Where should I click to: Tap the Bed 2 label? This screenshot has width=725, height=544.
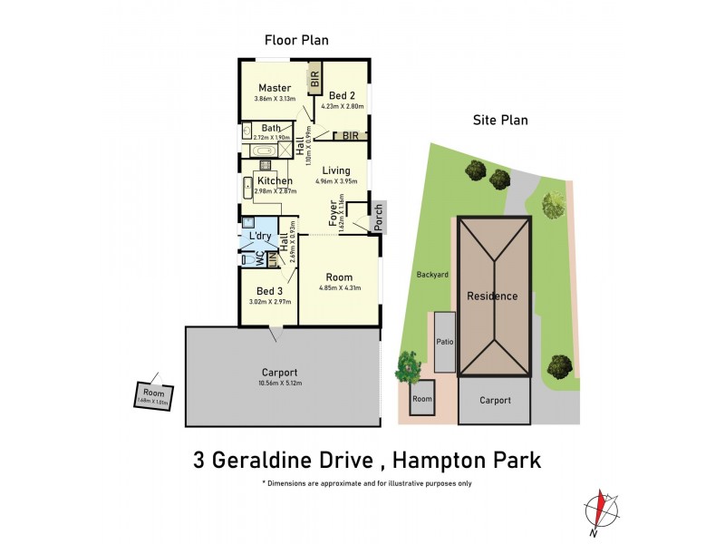[341, 95]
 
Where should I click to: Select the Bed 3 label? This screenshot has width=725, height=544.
[269, 291]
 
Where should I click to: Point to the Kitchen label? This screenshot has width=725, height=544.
[275, 181]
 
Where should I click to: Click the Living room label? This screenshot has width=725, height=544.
[336, 170]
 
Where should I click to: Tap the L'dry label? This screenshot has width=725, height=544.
[261, 237]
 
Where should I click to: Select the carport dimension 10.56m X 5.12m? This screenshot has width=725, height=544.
[279, 384]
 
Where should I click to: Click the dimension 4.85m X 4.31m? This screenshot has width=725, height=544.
[340, 288]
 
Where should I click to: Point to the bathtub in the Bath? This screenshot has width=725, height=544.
[265, 151]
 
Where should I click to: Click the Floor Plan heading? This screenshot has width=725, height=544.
[296, 40]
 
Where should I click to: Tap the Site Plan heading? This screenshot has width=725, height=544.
[500, 120]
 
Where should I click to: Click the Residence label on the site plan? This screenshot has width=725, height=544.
[492, 296]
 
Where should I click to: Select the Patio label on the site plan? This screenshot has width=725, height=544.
[445, 342]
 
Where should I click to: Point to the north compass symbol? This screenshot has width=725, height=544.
[598, 509]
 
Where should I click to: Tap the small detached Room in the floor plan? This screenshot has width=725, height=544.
[153, 395]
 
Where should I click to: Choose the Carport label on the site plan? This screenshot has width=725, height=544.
[494, 400]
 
